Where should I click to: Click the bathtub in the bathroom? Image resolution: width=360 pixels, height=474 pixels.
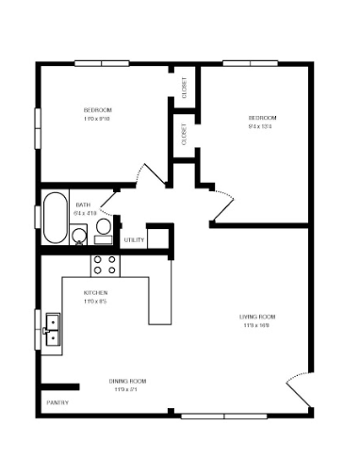tap(56, 218)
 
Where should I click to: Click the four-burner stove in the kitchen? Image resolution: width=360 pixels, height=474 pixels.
tap(105, 265)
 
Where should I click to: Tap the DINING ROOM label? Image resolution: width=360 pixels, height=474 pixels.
tap(130, 381)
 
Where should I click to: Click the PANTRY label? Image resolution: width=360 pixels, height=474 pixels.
tap(57, 403)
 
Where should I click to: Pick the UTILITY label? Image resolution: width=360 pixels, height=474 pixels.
tap(134, 240)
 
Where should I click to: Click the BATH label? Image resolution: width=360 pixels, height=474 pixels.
tap(83, 204)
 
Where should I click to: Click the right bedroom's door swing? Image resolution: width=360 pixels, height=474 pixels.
tap(222, 195)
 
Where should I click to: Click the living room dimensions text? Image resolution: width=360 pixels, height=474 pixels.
tap(257, 325)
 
